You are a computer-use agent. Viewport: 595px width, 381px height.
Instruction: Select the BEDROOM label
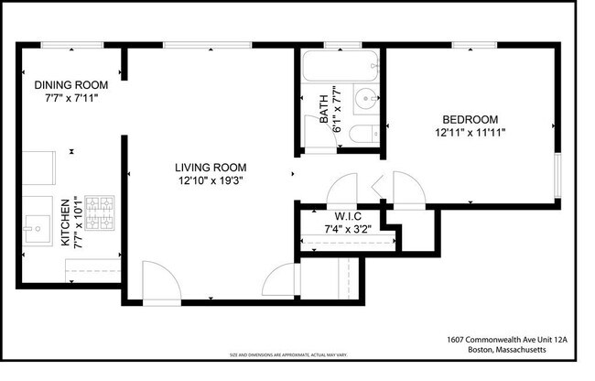470,120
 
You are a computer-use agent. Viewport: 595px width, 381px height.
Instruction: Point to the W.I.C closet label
343,215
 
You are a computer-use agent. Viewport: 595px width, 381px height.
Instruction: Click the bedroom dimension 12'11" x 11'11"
470,133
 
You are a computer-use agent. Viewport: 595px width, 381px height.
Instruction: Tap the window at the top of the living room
189,45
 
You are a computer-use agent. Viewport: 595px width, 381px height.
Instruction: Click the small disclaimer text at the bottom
297,354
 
